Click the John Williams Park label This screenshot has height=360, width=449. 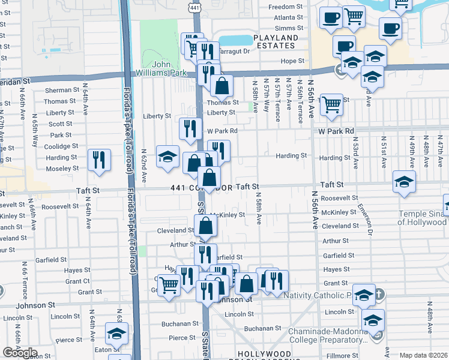pos(154,68)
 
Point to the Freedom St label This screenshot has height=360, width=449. pos(285,7)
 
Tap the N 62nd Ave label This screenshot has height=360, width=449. pos(144,166)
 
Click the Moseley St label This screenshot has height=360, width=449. pos(62,169)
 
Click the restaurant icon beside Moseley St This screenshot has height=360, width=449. pos(99,160)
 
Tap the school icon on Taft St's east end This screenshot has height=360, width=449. pos(404,182)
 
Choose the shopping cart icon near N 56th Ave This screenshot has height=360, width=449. pos(331,104)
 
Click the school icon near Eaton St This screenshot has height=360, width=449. pos(117,334)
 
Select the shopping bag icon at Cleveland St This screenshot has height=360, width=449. pos(205,226)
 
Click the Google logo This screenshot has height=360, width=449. pos(20,353)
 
